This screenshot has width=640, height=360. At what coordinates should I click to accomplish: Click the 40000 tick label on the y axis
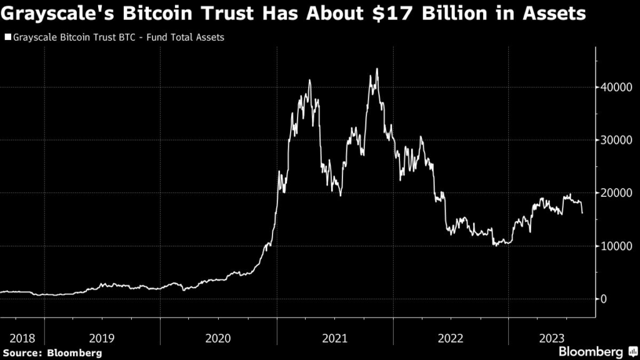tap(614, 87)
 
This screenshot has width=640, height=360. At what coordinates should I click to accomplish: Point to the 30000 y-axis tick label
tap(614, 140)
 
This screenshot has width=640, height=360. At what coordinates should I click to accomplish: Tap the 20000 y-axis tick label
tap(614, 193)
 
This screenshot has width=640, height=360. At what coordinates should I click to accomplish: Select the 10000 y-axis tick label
tap(614, 246)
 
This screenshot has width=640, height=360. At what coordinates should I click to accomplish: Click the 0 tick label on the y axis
tap(604, 299)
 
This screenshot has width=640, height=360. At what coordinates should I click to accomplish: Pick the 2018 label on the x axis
tap(22, 338)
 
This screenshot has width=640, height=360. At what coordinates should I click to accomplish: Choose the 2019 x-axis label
tap(102, 338)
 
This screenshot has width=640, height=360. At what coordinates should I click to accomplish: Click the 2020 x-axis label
tap(219, 338)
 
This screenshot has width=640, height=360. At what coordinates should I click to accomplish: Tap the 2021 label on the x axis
tap(335, 338)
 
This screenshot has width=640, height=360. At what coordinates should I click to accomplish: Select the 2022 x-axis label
tap(451, 338)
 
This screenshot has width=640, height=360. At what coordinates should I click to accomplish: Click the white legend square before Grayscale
tap(7, 37)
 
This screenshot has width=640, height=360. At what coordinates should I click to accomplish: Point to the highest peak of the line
tap(377, 69)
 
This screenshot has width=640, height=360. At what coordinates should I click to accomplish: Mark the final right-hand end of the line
tap(582, 213)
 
